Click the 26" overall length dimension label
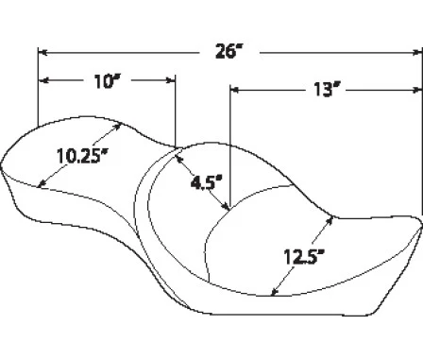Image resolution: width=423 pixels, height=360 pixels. click(x=229, y=51)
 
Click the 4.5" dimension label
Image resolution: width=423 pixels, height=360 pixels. click(x=207, y=183)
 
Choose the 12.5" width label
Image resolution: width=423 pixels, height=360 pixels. click(x=304, y=257)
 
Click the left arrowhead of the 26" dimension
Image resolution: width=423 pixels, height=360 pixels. click(x=42, y=52)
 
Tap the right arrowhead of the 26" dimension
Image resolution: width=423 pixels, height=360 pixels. click(x=417, y=53)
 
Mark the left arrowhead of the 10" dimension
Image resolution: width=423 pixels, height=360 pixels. click(x=43, y=80)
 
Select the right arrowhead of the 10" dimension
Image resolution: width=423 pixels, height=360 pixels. click(x=171, y=80)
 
